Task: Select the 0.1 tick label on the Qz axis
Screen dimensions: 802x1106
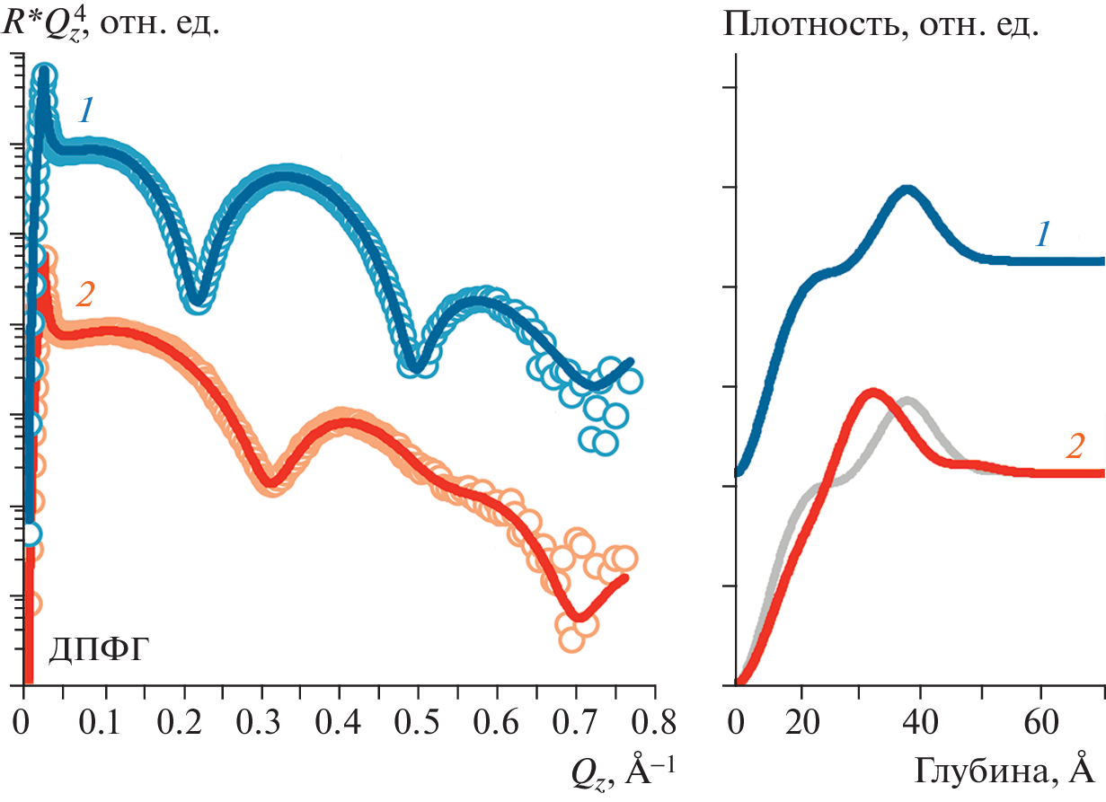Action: click(x=105, y=720)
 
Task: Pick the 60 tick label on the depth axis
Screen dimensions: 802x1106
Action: click(x=1040, y=720)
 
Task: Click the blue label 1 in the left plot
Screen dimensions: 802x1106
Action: click(x=86, y=110)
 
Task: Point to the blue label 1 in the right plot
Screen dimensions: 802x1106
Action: click(x=1043, y=235)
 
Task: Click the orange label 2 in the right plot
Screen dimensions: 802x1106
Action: click(x=1075, y=446)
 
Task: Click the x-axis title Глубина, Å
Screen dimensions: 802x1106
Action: click(x=1004, y=771)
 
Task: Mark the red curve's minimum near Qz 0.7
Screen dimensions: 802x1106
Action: click(x=580, y=617)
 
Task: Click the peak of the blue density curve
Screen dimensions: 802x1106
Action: click(x=907, y=189)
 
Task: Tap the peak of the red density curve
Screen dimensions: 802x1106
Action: click(x=872, y=392)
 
